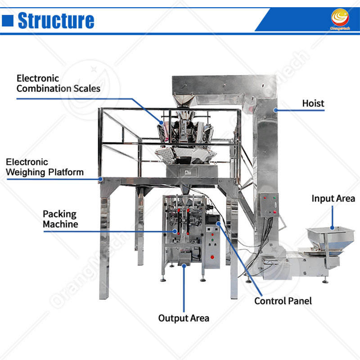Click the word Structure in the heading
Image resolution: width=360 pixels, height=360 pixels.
(x=56, y=21)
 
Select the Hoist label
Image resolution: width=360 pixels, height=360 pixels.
(x=313, y=103)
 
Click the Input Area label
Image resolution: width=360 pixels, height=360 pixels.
(x=333, y=198)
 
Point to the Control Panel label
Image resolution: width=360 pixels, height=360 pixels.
(x=283, y=301)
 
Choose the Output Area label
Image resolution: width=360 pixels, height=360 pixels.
(x=184, y=318)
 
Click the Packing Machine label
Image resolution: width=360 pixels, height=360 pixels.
(x=60, y=219)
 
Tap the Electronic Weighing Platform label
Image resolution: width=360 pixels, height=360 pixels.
(x=45, y=166)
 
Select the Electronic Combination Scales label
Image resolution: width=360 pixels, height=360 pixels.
(x=58, y=83)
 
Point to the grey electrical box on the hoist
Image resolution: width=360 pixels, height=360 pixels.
(x=269, y=205)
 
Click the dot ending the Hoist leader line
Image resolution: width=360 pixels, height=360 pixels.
(x=274, y=109)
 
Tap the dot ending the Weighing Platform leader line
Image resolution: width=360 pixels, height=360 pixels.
(x=100, y=179)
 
